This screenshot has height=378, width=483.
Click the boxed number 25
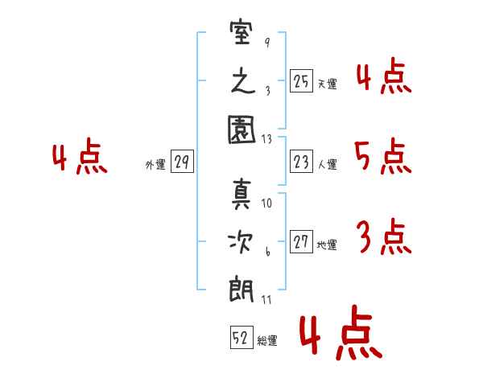[301, 81]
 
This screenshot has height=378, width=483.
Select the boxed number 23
[301, 162]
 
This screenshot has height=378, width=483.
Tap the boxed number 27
[301, 243]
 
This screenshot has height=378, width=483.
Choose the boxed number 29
[182, 162]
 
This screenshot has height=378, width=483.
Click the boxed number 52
[241, 338]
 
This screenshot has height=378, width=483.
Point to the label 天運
[327, 84]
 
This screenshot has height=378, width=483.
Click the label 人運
[327, 165]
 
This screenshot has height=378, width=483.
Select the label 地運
[327, 245]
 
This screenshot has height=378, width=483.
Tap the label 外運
[155, 165]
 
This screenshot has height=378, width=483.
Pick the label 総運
[267, 340]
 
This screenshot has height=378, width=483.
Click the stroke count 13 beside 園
[266, 139]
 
